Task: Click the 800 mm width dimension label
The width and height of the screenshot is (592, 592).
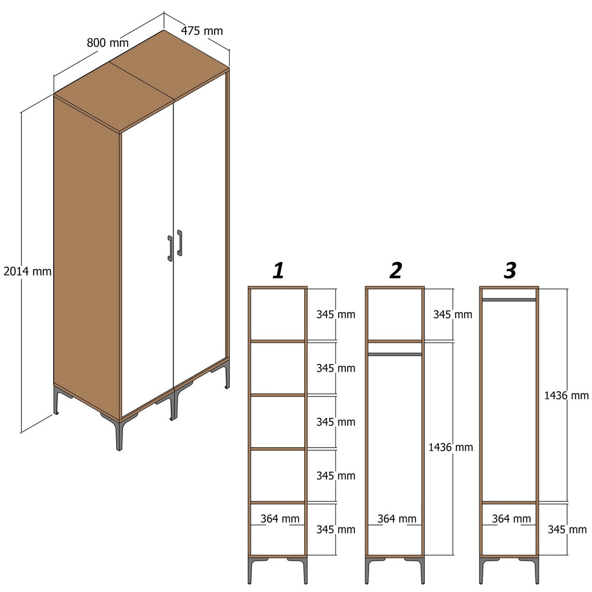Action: (108, 43)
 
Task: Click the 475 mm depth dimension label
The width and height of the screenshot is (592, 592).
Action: (202, 31)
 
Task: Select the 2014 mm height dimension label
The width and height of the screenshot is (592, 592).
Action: (27, 272)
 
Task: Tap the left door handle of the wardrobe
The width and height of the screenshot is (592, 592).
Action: (170, 248)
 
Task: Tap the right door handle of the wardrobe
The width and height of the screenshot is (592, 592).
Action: (180, 243)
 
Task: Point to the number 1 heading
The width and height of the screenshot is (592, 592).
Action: (278, 271)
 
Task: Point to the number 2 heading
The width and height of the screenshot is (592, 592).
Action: (395, 271)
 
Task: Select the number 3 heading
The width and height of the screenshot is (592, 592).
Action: (510, 271)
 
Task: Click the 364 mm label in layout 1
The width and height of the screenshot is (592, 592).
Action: (280, 519)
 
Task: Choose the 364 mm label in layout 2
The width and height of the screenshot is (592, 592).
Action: (397, 519)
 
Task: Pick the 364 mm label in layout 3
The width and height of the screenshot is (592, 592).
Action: (511, 519)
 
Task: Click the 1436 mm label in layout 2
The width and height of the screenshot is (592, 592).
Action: (451, 447)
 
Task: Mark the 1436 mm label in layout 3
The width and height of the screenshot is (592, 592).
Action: (566, 395)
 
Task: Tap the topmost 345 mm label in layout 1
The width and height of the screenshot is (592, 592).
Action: (335, 315)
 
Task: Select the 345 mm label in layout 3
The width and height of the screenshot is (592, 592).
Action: (567, 530)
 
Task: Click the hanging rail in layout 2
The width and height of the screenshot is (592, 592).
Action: (395, 355)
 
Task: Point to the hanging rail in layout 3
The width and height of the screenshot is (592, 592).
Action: (509, 299)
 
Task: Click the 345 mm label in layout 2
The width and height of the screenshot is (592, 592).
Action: (453, 315)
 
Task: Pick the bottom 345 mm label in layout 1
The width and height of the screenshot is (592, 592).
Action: (335, 530)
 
